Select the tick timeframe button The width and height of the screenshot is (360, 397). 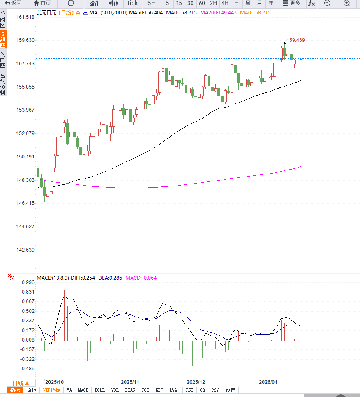point(132,3)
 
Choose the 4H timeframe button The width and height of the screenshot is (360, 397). point(225,3)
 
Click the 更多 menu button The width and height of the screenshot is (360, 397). point(291,3)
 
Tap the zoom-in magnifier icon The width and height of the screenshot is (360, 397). point(346,3)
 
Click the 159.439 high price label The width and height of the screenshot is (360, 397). point(295,40)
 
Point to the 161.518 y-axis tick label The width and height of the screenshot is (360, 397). point(25,17)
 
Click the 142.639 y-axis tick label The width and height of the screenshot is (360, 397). point(25,250)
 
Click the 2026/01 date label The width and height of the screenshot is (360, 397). point(268,381)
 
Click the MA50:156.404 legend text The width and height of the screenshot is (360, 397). point(146,13)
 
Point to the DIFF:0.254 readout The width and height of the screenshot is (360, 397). point(83,278)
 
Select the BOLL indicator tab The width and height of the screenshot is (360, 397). point(99,390)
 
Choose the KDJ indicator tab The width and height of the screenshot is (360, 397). point(159,390)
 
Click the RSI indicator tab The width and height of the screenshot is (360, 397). point(189,390)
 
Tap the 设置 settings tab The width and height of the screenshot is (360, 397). point(230,390)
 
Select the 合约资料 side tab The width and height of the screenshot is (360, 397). point(3,84)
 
